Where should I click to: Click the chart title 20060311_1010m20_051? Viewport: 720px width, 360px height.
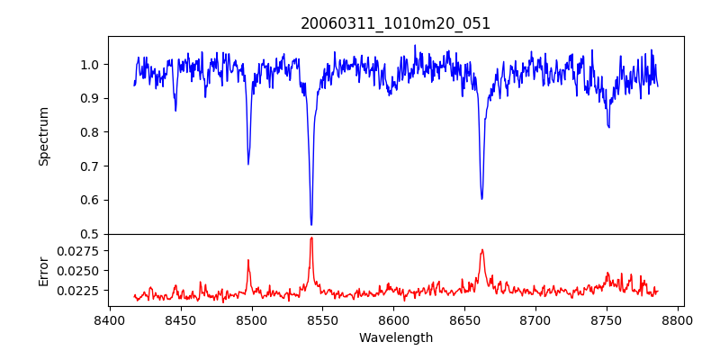click(396, 23)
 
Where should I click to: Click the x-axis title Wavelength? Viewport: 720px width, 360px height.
click(396, 338)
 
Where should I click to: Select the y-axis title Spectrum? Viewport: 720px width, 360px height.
click(43, 136)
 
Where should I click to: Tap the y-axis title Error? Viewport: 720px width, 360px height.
click(43, 270)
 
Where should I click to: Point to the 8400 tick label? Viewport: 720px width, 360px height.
click(109, 320)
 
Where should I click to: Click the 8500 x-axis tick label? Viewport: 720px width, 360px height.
click(251, 320)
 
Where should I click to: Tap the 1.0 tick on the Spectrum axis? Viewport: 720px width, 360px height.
click(89, 65)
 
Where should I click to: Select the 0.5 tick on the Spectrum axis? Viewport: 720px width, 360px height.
click(89, 234)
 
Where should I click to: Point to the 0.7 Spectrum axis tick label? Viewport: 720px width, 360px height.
click(89, 166)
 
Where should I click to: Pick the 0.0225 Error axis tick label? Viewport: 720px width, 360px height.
click(79, 291)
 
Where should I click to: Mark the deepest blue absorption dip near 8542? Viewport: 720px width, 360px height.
click(311, 224)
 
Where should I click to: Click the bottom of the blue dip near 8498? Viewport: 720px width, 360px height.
click(248, 164)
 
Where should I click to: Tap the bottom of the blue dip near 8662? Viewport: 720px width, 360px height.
click(481, 198)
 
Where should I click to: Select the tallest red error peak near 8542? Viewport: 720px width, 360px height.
click(311, 238)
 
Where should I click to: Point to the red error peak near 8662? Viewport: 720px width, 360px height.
click(482, 250)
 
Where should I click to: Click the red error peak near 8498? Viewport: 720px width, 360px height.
click(248, 260)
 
